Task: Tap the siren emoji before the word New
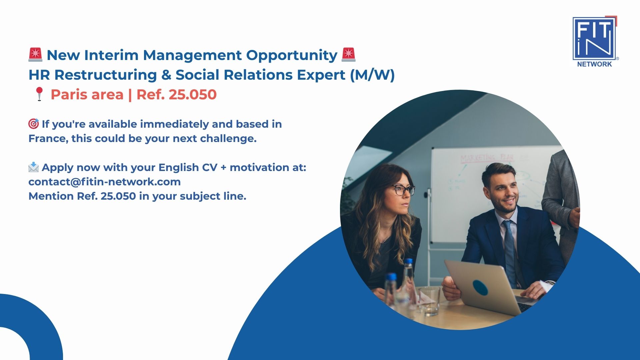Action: click(x=35, y=55)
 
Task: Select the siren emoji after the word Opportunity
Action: click(x=349, y=55)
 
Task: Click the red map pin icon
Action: click(x=39, y=94)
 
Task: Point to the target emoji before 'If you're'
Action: click(x=34, y=124)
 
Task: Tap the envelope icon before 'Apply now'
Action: click(x=34, y=167)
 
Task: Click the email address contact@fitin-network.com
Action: click(x=105, y=182)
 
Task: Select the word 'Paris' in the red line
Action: click(x=71, y=95)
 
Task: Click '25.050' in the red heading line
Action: click(x=193, y=95)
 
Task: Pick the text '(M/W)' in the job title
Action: click(x=372, y=75)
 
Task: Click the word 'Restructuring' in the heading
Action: click(x=106, y=75)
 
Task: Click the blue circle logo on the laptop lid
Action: click(x=480, y=288)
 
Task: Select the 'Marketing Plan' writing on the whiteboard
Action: click(x=487, y=158)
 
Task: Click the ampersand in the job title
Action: click(x=166, y=75)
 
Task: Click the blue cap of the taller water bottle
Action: click(x=408, y=261)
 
